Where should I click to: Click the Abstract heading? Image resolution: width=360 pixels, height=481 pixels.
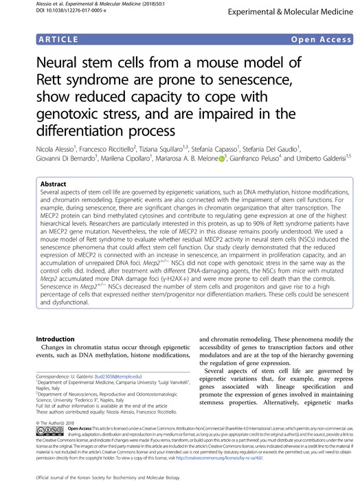(x=54, y=185)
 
